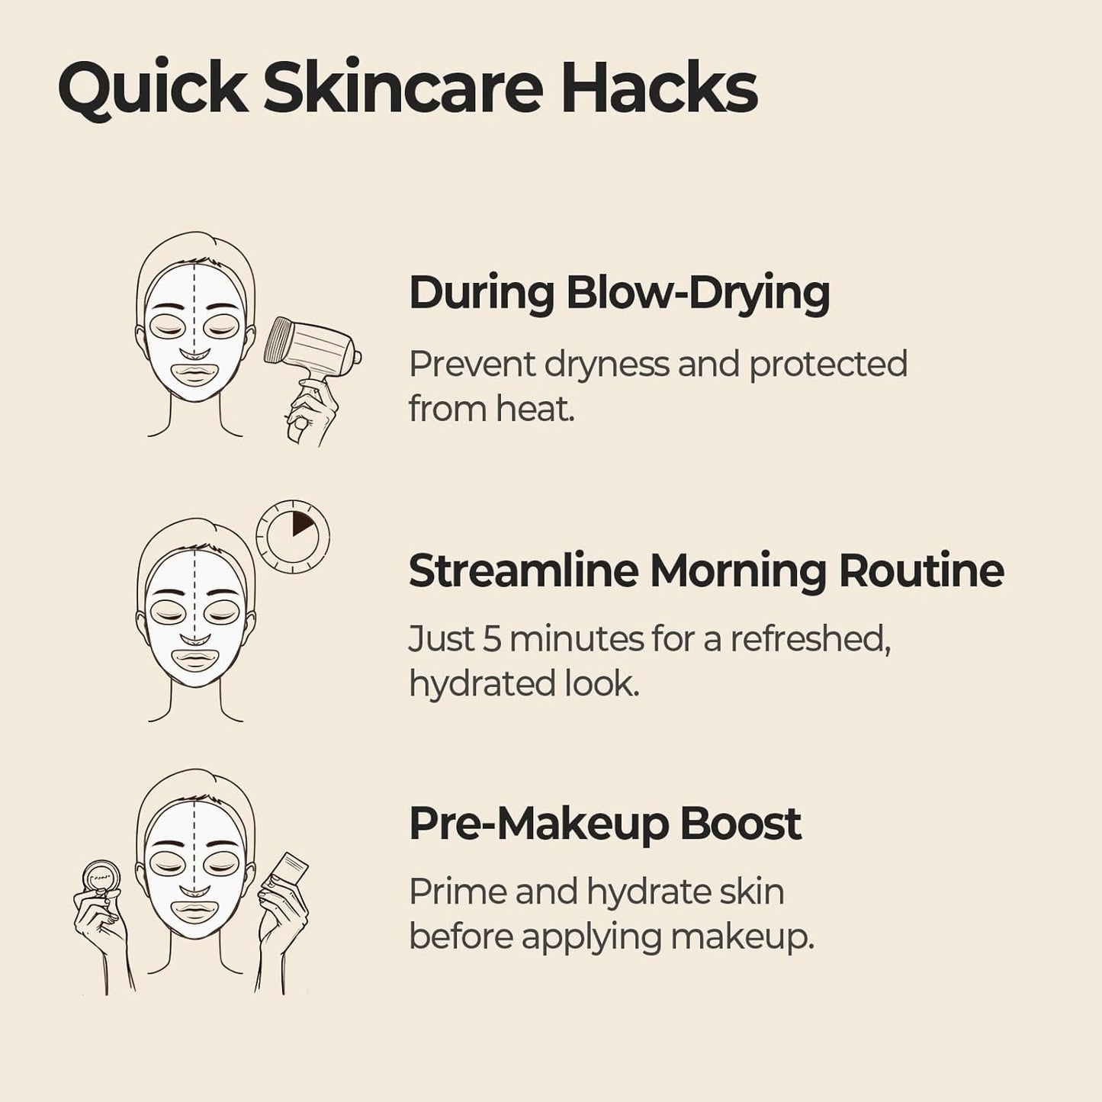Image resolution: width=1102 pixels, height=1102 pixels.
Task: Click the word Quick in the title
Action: click(153, 89)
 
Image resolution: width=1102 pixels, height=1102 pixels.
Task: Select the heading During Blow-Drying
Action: click(619, 294)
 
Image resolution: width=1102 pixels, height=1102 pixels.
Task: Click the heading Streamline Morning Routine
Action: click(706, 570)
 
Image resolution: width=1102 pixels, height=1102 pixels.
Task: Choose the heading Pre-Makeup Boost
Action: click(605, 824)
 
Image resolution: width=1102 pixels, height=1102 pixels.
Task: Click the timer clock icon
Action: click(293, 536)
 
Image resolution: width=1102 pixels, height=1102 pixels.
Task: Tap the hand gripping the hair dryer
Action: click(309, 413)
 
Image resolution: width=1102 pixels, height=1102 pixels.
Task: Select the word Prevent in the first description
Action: click(473, 365)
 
